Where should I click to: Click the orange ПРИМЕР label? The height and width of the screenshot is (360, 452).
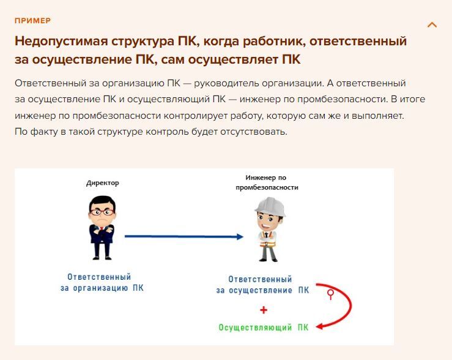[x=33, y=21]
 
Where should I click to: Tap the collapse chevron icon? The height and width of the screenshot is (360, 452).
[x=432, y=25]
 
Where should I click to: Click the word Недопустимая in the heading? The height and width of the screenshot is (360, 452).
[x=61, y=41]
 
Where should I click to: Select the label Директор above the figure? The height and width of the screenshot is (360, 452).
[x=103, y=183]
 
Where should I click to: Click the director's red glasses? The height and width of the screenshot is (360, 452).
[x=102, y=212]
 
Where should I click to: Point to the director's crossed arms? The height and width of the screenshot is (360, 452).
[x=102, y=230]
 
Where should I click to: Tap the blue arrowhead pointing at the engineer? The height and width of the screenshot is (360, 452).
[x=240, y=237]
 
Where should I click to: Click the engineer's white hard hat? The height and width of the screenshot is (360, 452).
[x=270, y=206]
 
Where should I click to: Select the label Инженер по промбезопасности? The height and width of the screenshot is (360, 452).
[x=267, y=182]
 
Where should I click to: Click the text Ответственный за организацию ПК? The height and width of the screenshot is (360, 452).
[x=102, y=282]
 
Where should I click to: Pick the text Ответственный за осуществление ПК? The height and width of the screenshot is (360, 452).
[x=262, y=285]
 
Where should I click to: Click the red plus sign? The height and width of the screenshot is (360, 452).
[x=264, y=310]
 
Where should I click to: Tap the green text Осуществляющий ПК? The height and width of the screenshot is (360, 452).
[x=264, y=328]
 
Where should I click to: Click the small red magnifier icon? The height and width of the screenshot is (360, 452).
[x=330, y=294]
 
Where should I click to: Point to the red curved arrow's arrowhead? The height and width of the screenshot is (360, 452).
[x=320, y=327]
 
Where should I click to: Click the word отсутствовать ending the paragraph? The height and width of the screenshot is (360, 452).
[x=254, y=132]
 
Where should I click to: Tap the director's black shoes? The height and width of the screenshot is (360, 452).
[x=102, y=257]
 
